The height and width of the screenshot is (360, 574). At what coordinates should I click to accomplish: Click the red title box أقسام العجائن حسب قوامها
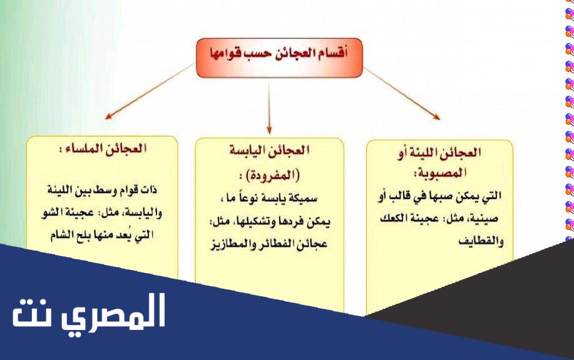point(279,58)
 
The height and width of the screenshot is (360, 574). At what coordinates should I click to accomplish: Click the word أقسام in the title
point(332,53)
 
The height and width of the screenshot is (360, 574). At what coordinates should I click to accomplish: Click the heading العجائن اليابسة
point(269,150)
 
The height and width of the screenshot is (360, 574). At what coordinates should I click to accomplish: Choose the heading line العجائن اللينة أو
point(439,152)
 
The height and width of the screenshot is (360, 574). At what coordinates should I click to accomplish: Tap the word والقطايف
point(481,241)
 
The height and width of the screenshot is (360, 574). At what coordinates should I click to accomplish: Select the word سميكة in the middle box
point(303,198)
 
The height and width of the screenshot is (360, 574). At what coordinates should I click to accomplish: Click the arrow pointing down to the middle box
point(269,107)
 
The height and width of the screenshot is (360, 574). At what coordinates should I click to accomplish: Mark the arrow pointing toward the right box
point(402,93)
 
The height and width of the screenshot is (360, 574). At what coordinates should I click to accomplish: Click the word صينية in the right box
point(484,219)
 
